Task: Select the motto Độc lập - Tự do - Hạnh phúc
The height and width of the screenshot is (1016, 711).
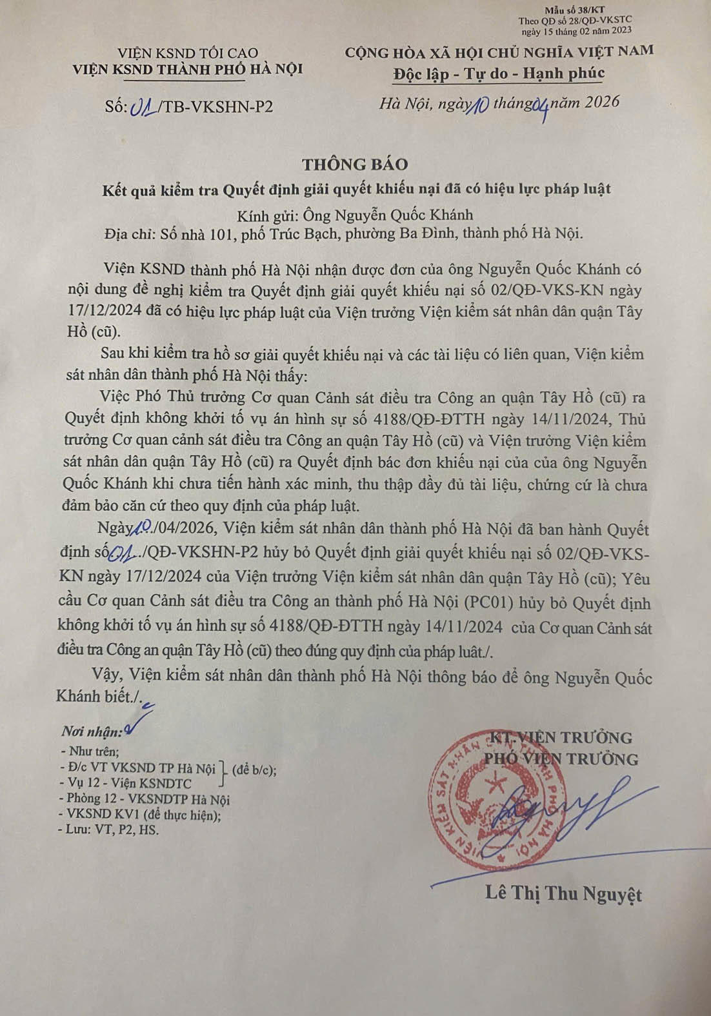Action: click(x=499, y=74)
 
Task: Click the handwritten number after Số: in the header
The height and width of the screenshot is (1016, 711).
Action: click(x=143, y=106)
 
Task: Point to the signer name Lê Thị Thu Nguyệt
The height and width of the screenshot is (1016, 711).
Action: click(x=563, y=893)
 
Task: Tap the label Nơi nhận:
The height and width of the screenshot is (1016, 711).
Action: click(x=91, y=732)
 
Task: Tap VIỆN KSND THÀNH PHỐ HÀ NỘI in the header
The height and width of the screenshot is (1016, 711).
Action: click(x=188, y=69)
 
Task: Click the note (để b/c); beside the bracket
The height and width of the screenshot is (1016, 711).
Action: click(x=255, y=769)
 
